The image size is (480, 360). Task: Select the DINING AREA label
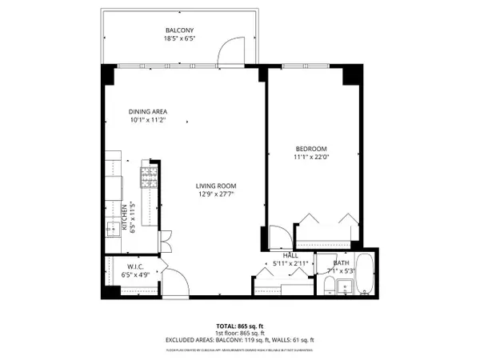[x=148, y=111]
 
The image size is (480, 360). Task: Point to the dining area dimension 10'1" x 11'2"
[x=148, y=120]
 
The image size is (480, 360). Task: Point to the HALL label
[x=280, y=255]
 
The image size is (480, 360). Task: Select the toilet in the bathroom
[x=326, y=284]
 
